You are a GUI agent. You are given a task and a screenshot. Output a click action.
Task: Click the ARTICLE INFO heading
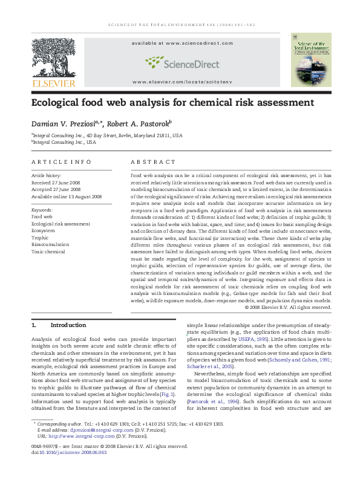coord(61,162)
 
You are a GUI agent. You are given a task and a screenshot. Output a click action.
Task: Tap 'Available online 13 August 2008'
coord(67,196)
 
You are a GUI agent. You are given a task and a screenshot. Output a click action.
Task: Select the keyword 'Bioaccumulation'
coord(50,244)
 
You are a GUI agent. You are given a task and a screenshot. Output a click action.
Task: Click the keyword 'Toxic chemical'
coord(48,251)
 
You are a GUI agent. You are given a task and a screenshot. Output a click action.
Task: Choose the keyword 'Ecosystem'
coord(43,230)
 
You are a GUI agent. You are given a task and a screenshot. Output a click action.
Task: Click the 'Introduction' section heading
coord(68,325)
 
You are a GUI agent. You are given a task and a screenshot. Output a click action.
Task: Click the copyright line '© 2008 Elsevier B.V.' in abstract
coord(288,307)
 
